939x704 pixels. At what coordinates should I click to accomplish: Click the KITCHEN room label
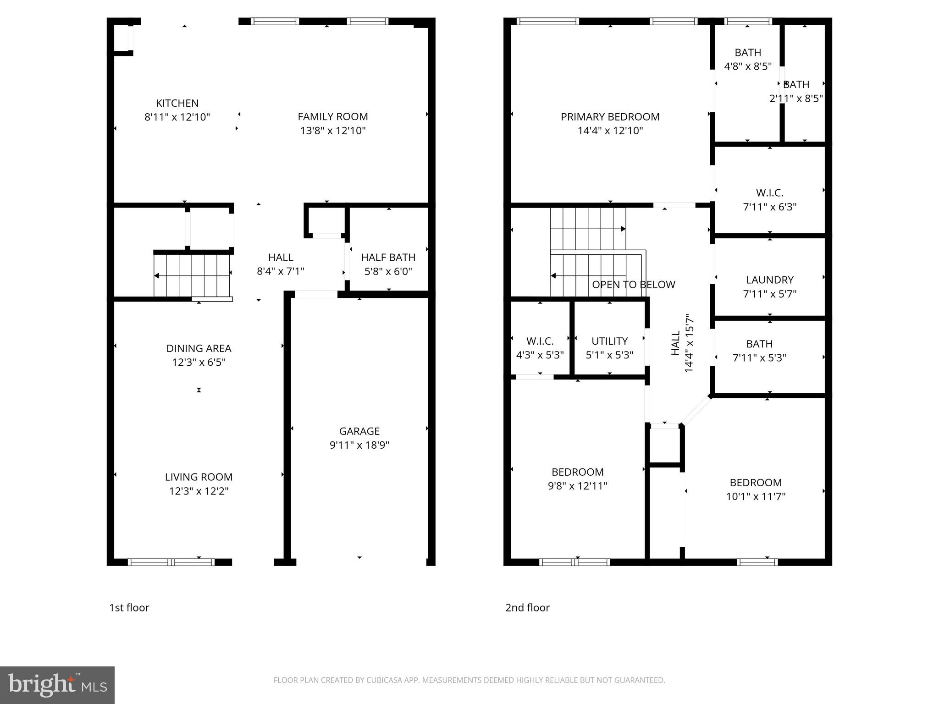[x=177, y=103]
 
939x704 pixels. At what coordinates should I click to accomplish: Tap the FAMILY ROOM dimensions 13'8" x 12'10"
[x=333, y=131]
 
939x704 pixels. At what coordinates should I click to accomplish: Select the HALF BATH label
[x=388, y=257]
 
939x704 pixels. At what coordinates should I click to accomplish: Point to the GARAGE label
[x=359, y=431]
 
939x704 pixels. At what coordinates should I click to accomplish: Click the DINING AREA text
[x=199, y=348]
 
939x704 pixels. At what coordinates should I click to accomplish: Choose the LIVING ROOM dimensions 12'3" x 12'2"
[x=199, y=491]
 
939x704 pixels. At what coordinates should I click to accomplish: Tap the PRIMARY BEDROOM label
[x=610, y=117]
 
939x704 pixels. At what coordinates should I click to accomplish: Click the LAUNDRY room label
[x=769, y=280]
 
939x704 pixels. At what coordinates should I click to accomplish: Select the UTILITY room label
[x=609, y=341]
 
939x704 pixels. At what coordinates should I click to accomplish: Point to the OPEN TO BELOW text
[x=633, y=285]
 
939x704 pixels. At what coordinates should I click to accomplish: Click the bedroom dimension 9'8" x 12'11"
[x=577, y=486]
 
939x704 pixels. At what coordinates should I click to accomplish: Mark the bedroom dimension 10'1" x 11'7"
[x=756, y=496]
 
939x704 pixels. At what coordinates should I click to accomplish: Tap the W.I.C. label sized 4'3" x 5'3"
[x=540, y=341]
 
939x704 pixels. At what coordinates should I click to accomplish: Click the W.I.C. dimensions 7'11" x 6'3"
[x=769, y=207]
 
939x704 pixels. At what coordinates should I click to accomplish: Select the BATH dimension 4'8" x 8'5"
[x=747, y=66]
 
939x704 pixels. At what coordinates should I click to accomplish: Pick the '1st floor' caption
[x=129, y=608]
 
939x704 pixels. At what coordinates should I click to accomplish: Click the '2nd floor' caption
[x=527, y=608]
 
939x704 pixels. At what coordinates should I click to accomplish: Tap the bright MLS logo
[x=57, y=685]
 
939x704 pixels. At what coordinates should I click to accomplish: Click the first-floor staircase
[x=192, y=275]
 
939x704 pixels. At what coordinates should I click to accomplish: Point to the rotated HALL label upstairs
[x=675, y=343]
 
